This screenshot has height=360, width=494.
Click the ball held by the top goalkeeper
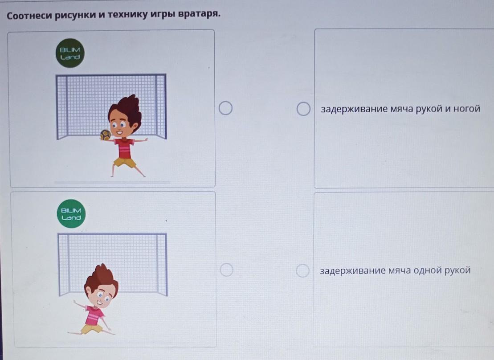(x=106, y=135)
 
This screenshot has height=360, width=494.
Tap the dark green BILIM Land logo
(x=70, y=53)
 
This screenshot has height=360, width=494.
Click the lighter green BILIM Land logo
(x=71, y=213)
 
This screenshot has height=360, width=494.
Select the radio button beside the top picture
(x=225, y=108)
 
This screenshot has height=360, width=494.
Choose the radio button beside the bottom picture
(x=227, y=270)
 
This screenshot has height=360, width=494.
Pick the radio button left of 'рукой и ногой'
(x=303, y=109)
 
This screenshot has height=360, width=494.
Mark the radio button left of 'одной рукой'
(x=302, y=270)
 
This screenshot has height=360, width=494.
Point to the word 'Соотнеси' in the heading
(x=29, y=16)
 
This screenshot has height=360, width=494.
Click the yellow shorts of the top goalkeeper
(x=125, y=162)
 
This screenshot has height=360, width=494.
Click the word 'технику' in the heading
(x=127, y=15)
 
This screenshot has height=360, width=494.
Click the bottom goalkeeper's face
(x=100, y=297)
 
